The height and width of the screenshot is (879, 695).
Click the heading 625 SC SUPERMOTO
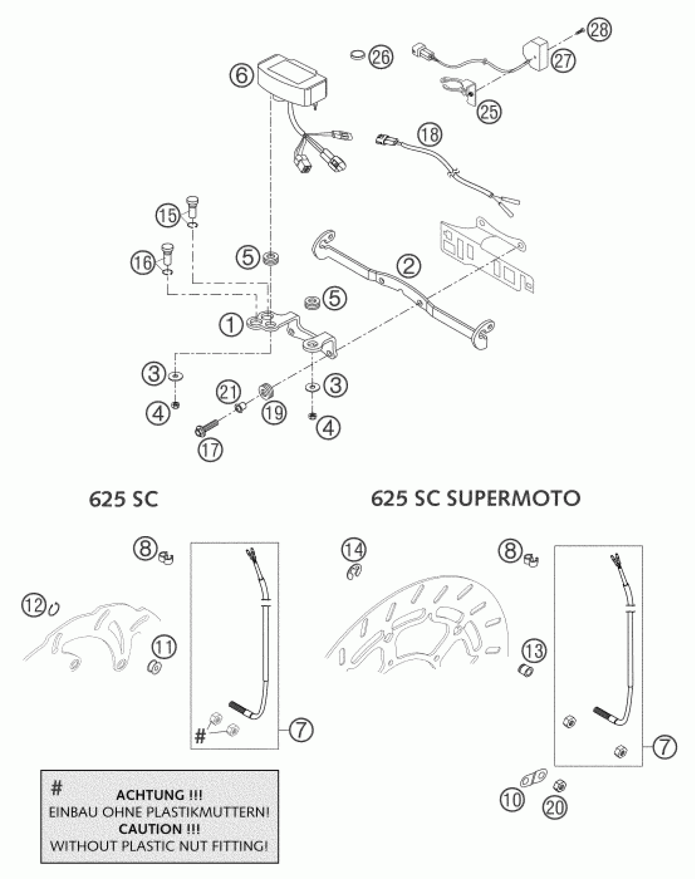pos(475,499)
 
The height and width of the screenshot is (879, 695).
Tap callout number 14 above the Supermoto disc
pos(354,550)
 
